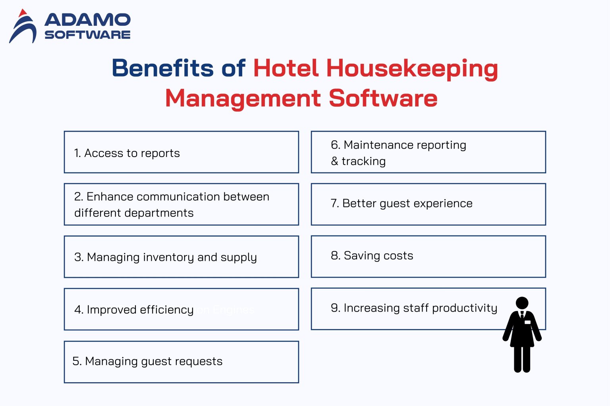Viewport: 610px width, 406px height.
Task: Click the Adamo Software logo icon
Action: (x=23, y=27)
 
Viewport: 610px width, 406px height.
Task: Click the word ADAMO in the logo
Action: (x=87, y=19)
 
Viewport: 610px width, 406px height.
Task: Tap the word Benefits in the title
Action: (x=162, y=68)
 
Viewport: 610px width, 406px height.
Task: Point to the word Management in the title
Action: (x=243, y=98)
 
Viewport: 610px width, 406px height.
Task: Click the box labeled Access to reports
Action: (x=181, y=152)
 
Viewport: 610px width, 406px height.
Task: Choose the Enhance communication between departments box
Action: (x=181, y=204)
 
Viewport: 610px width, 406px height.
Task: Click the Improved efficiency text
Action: (x=134, y=310)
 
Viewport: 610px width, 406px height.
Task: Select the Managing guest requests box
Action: (x=181, y=362)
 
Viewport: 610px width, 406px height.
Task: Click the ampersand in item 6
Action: (x=334, y=161)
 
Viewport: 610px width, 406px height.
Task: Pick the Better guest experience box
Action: (x=428, y=204)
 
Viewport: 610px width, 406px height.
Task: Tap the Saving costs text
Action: (x=372, y=256)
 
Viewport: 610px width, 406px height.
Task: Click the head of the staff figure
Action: (x=522, y=303)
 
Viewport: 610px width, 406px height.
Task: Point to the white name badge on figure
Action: (x=527, y=322)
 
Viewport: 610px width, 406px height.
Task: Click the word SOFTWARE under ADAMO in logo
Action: (x=87, y=35)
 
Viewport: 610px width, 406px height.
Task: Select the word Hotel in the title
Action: (x=286, y=68)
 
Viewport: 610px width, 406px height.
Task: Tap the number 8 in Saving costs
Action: (x=334, y=256)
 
